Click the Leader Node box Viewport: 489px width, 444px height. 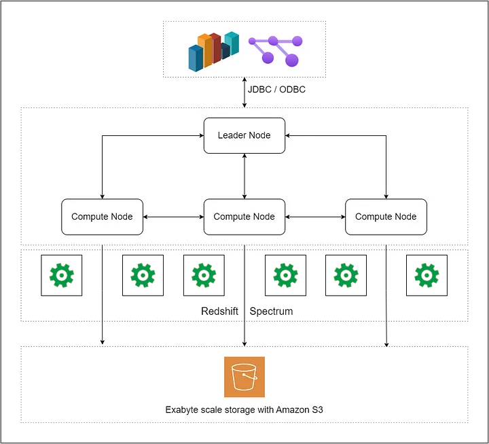click(x=244, y=135)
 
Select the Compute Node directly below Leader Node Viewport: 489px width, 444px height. click(x=244, y=217)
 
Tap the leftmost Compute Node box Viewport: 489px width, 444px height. click(x=102, y=217)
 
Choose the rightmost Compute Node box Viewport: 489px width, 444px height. click(x=386, y=217)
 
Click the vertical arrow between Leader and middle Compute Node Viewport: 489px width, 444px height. click(x=244, y=176)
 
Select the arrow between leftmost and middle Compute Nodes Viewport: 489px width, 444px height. click(x=173, y=217)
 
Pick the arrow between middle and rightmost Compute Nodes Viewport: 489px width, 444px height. click(x=315, y=217)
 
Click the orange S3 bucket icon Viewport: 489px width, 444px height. click(x=244, y=377)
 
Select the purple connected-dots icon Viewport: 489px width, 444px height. click(x=274, y=50)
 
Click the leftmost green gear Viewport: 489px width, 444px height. click(x=62, y=275)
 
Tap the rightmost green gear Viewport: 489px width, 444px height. click(x=427, y=275)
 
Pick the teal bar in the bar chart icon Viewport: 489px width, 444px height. click(x=232, y=43)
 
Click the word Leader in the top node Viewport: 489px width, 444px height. click(x=232, y=135)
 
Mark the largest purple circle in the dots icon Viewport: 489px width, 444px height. click(x=292, y=61)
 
